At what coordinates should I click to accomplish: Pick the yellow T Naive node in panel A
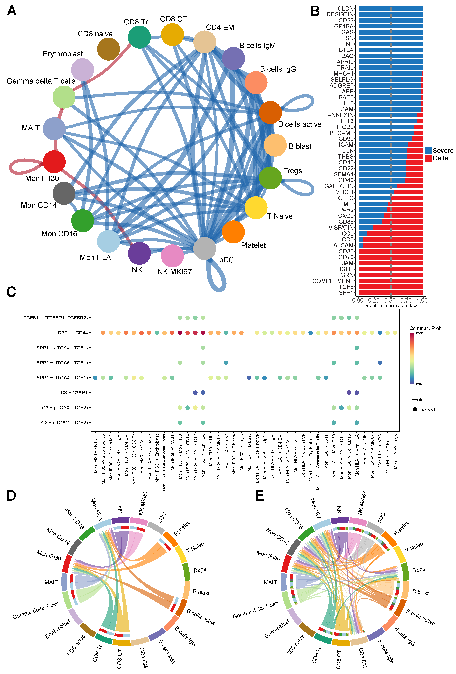[x=256, y=208]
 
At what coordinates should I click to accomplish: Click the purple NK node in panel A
[x=139, y=253]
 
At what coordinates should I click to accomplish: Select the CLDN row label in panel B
[x=345, y=8]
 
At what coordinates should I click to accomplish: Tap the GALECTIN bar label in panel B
[x=339, y=186]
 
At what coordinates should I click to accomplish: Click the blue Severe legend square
[x=428, y=150]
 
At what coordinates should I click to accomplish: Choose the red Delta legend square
[x=428, y=158]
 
